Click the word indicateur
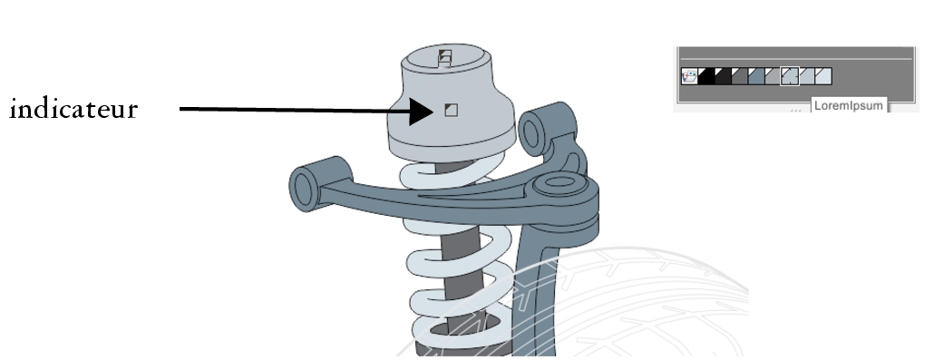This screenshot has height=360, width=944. (x=74, y=110)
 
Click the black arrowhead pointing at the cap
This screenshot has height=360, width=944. (x=421, y=112)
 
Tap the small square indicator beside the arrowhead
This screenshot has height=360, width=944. (x=451, y=110)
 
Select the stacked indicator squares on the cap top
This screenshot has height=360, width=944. (x=445, y=58)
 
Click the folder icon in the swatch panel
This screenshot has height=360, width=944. (x=689, y=76)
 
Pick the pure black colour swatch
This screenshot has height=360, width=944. (x=706, y=76)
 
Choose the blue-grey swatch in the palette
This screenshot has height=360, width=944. (x=756, y=76)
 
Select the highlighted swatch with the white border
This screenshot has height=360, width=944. (x=790, y=76)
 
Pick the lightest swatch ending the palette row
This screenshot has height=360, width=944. (x=823, y=76)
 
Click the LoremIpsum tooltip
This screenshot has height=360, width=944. (x=849, y=105)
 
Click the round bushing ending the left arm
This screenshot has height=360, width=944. (x=305, y=189)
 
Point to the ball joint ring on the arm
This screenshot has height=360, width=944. (x=560, y=182)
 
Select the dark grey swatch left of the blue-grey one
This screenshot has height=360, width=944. (x=739, y=76)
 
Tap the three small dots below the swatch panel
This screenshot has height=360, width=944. (x=796, y=110)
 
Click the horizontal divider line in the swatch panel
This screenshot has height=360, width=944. (x=796, y=59)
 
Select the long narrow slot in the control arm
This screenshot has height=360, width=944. (x=475, y=192)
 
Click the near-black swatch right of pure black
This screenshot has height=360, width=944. (x=723, y=76)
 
